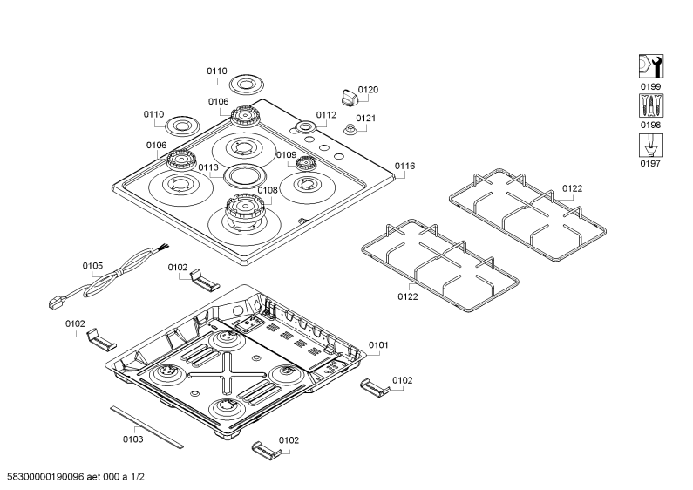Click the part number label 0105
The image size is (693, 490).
[x=92, y=266]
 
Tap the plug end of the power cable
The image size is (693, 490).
[x=57, y=303]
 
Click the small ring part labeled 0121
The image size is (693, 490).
[x=350, y=130]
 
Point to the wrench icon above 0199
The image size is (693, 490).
[x=651, y=67]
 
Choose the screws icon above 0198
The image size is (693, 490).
[x=651, y=105]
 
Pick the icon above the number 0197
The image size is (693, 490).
[x=651, y=145]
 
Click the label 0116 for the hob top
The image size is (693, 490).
[x=404, y=166]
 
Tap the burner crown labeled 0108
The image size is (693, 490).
[x=245, y=207]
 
